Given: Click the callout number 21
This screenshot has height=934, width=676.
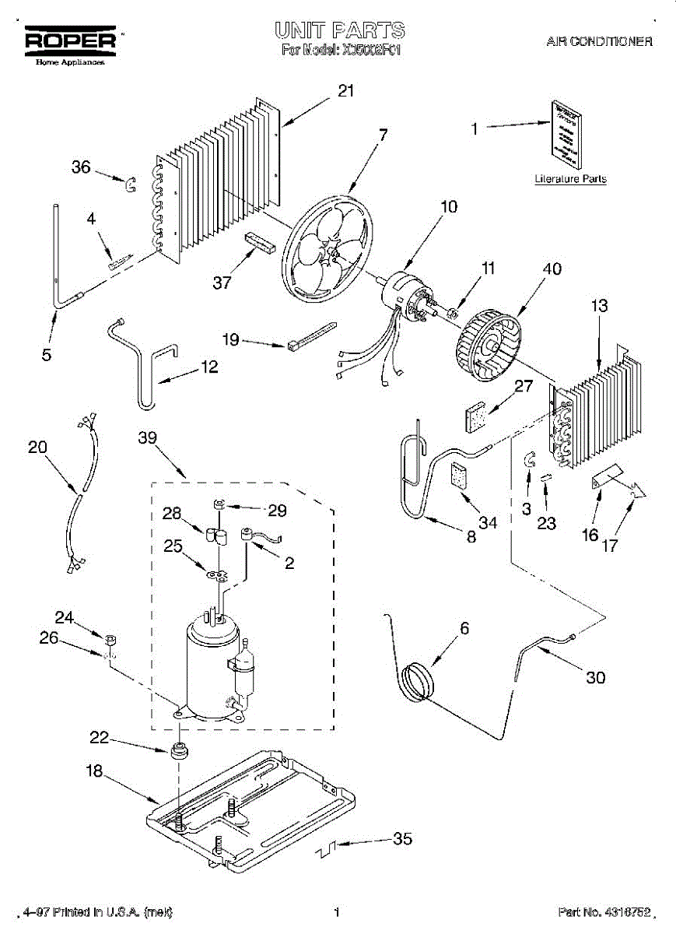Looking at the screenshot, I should click(345, 91).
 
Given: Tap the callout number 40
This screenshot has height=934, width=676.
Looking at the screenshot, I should click(552, 270).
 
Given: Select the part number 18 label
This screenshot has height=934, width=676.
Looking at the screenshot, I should click(94, 771).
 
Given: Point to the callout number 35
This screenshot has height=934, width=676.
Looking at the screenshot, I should click(402, 838).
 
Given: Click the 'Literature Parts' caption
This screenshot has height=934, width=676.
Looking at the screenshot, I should click(570, 179).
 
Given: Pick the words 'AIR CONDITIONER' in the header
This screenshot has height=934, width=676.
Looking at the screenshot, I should click(599, 42).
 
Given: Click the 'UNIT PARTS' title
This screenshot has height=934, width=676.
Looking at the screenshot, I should click(339, 30).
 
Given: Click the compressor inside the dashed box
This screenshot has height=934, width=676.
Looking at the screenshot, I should click(212, 665).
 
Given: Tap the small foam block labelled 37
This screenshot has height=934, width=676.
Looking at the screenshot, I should click(257, 242).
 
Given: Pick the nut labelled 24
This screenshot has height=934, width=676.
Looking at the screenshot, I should click(110, 640).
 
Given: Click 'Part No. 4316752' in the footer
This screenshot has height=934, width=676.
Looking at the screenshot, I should click(603, 911).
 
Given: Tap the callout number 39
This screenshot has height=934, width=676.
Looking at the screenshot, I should click(148, 438).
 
